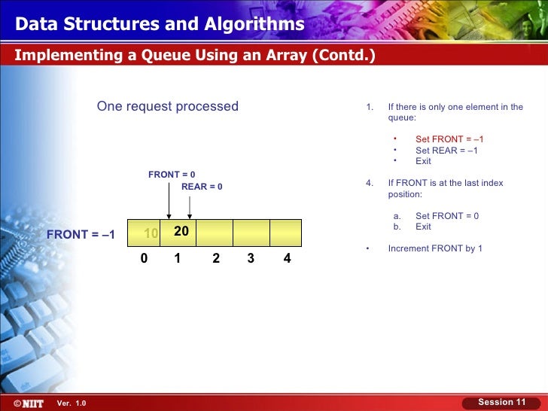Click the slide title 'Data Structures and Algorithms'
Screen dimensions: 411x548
click(x=160, y=25)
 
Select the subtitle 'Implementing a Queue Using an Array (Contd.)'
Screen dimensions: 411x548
click(x=195, y=56)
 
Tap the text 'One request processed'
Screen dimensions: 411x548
click(x=167, y=106)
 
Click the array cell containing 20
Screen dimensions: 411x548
click(x=181, y=233)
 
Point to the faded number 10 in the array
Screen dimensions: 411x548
click(x=151, y=233)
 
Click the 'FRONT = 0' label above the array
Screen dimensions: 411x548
click(x=172, y=175)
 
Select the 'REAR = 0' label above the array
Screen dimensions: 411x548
click(x=202, y=187)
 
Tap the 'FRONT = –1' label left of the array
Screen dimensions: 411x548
click(x=81, y=234)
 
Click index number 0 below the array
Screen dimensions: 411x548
click(x=144, y=259)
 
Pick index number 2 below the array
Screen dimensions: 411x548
click(x=216, y=259)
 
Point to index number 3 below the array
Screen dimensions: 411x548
click(x=251, y=259)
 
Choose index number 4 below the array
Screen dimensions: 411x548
click(x=287, y=259)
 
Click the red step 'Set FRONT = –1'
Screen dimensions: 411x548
click(x=449, y=139)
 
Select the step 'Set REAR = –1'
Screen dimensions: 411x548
click(x=446, y=151)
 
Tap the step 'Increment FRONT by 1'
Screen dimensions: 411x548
click(x=435, y=248)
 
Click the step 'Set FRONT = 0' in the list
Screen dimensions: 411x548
click(x=447, y=216)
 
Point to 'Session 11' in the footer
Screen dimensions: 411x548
click(x=502, y=402)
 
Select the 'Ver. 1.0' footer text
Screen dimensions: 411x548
click(x=72, y=403)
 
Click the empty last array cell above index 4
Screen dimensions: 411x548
click(x=285, y=233)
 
